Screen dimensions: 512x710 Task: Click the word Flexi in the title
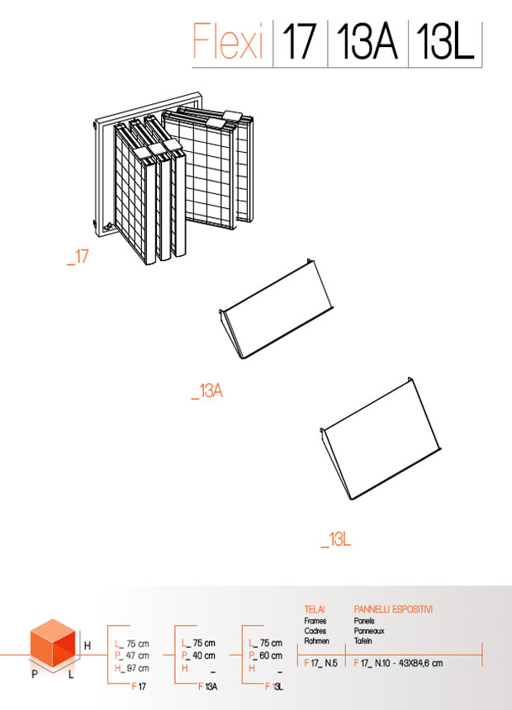tap(228, 41)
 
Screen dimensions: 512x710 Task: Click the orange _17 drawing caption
tap(78, 257)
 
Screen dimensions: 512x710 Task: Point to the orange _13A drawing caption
tap(207, 390)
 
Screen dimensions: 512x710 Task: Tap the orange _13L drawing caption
tap(336, 540)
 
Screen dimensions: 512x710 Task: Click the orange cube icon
tap(53, 643)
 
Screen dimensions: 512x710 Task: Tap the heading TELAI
tap(315, 609)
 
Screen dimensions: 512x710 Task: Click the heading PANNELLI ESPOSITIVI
tap(393, 609)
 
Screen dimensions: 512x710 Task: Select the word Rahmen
tap(317, 641)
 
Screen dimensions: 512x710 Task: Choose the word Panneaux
tap(369, 631)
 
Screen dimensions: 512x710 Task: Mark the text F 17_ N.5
tap(320, 663)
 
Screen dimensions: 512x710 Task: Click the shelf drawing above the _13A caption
tap(277, 309)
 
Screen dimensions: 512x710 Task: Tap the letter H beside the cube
tap(88, 646)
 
